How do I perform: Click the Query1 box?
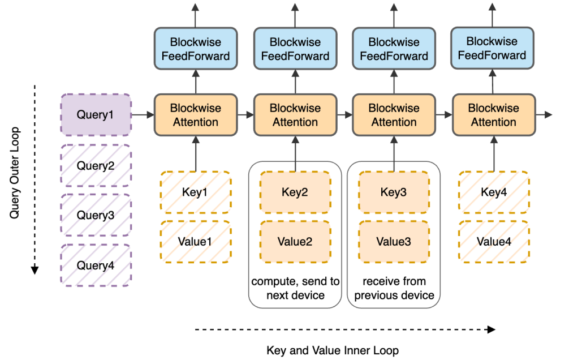coord(96,115)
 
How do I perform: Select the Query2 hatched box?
coord(96,165)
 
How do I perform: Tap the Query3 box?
coord(96,215)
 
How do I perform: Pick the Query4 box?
coord(96,265)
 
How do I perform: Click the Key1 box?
coord(196,191)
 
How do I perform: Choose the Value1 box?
coord(196,241)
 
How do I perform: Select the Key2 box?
coord(295,191)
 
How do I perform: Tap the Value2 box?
coord(295,241)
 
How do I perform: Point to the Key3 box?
coord(394,191)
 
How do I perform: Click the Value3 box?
coord(394,241)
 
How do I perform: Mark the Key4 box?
coord(494,191)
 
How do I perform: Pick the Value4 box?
coord(494,241)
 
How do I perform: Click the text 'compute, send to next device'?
coord(295,288)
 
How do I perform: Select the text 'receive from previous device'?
coord(394,288)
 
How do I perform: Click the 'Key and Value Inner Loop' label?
coord(333,350)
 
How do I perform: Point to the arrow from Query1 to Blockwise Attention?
coord(143,115)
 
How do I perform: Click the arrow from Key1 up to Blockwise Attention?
coord(196,153)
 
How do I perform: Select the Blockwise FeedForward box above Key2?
coord(295,49)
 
